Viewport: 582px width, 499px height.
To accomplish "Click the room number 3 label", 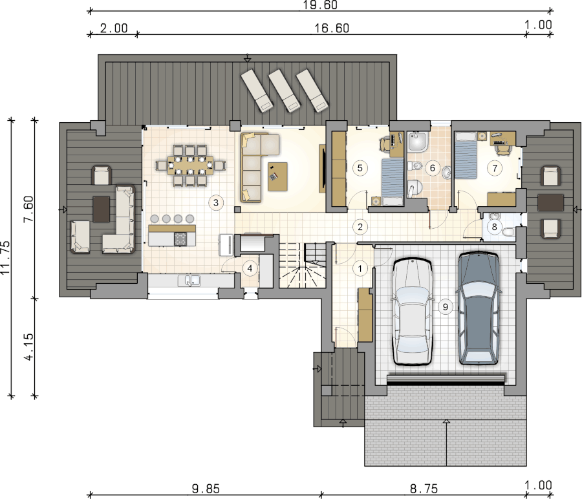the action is pos(216,202).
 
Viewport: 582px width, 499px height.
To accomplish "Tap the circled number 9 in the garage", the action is pos(445,307).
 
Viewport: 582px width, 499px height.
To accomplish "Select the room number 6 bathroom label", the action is pos(433,168).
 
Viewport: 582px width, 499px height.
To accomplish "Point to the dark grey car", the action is pos(478,308).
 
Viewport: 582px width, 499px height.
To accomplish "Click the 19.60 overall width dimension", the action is pos(320,5).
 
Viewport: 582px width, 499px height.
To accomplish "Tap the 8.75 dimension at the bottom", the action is pos(424,489).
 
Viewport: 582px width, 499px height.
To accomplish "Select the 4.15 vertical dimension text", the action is pos(28,347).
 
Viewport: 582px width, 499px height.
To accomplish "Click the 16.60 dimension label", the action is pos(332,28).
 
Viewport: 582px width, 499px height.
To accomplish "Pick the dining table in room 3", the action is pos(190,165).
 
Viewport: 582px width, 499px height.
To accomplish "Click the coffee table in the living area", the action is pos(277,176).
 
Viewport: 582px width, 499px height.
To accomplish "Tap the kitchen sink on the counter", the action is pos(189,281).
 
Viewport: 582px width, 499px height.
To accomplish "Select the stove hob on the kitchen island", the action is pos(180,239).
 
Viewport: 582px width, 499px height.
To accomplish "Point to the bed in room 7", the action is pos(466,155).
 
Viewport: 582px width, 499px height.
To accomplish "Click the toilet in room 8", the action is pos(508,231).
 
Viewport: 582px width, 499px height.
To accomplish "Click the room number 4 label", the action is pos(250,268).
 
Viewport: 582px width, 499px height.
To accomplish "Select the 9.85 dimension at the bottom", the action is pos(206,489).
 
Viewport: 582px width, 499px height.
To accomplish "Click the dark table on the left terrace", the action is pos(102,209).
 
